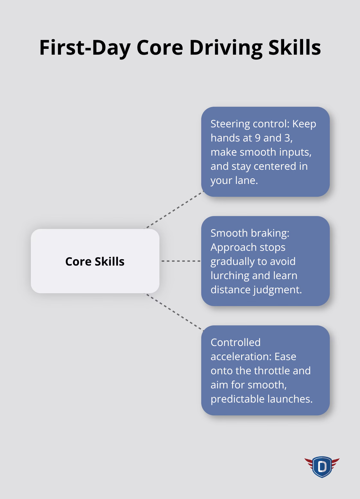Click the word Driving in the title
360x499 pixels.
point(226,48)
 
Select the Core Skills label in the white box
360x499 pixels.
point(95,261)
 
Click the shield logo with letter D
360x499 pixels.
point(322,467)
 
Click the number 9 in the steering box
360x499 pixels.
point(257,138)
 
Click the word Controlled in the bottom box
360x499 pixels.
point(235,342)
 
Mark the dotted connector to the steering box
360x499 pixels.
point(174,210)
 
